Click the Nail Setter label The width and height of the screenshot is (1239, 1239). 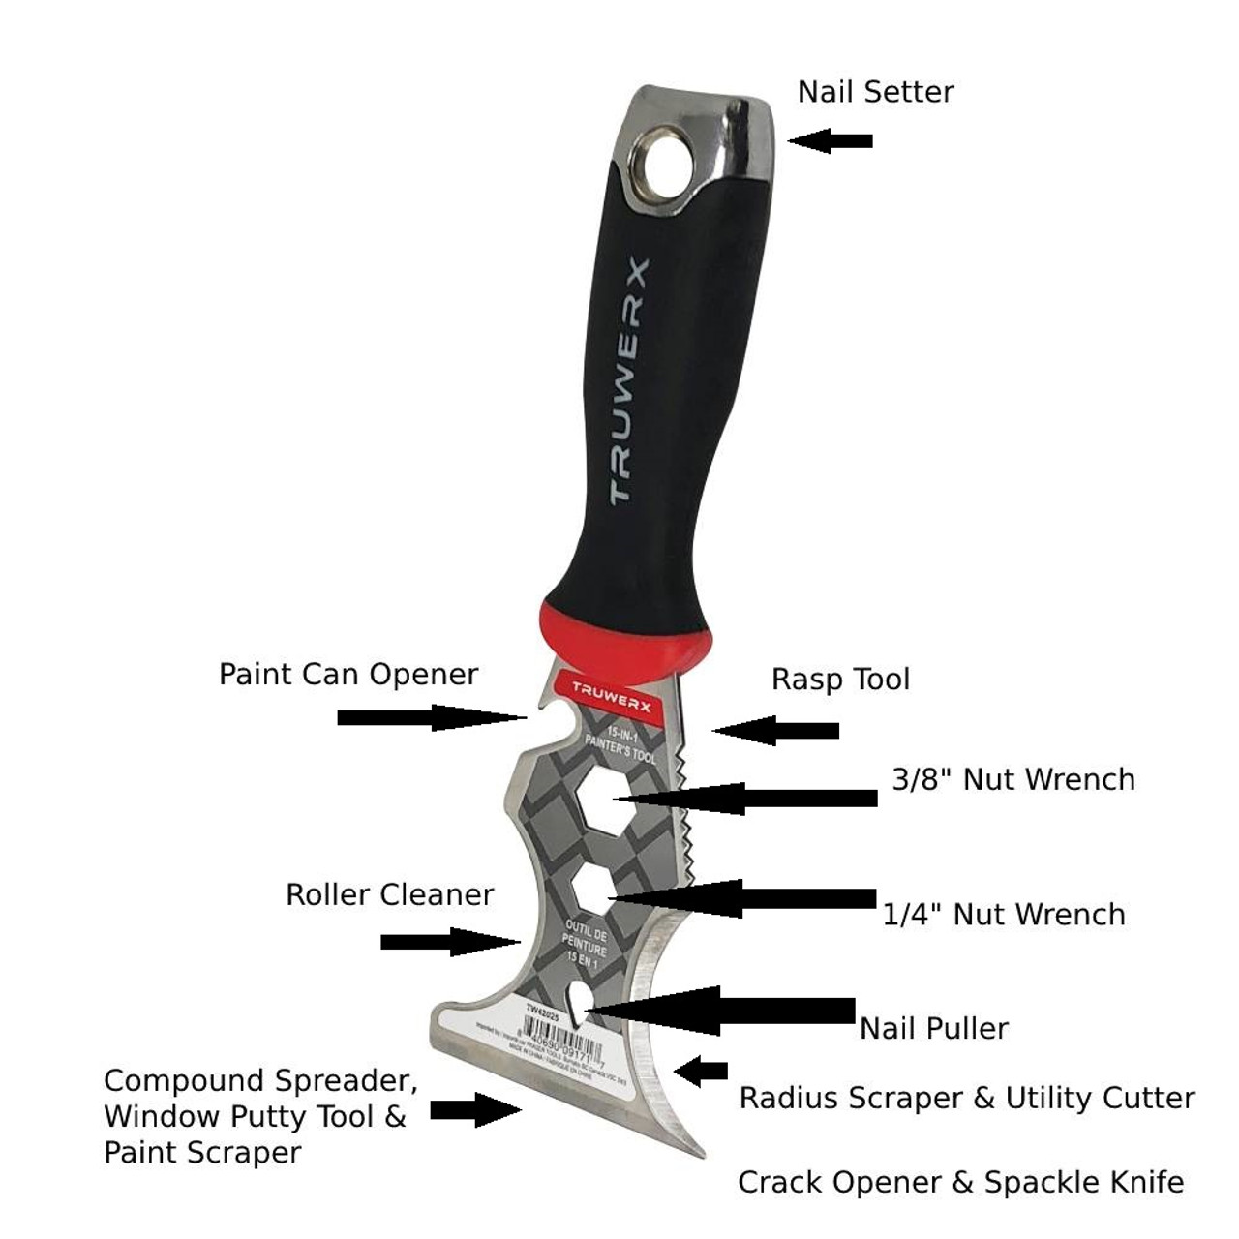[x=875, y=92]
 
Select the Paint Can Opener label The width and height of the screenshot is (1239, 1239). [x=348, y=675]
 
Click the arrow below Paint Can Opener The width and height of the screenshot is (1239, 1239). [x=431, y=717]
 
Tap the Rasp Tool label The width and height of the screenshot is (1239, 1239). [x=840, y=680]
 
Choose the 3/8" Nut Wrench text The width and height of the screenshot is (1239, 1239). [x=1012, y=780]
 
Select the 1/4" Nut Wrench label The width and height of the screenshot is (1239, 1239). [x=1004, y=915]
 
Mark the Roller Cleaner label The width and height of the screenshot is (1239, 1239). [x=389, y=894]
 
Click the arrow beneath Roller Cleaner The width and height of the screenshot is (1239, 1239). [x=450, y=941]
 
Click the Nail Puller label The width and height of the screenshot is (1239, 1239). [x=934, y=1028]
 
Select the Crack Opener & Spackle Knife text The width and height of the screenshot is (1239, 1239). [x=960, y=1182]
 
